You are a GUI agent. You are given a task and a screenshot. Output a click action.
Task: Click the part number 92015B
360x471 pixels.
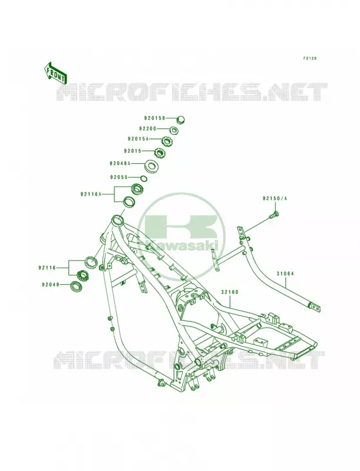pos(154,118)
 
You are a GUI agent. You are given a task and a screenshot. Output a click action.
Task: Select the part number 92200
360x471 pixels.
pos(148,128)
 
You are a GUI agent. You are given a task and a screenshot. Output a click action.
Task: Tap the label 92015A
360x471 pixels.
pos(138,139)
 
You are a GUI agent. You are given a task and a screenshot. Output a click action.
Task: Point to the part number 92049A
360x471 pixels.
pos(120,164)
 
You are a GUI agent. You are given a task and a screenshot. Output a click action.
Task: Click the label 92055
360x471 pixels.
pos(119,177)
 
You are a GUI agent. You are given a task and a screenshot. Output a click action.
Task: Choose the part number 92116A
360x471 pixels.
pos(91,194)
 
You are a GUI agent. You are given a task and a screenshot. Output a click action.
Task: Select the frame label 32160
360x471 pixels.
pos(230,291)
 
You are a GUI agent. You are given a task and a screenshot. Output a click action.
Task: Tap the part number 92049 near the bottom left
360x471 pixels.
pos(51,284)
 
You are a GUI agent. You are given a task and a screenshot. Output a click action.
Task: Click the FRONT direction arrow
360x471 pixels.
pos(55,73)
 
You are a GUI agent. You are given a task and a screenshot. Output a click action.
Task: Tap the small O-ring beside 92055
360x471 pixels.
pos(144,178)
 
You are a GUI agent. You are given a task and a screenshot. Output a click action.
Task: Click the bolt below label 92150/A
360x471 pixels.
pos(275,215)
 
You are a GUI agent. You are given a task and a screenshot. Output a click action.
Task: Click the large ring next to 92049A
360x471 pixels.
pos(151,165)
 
